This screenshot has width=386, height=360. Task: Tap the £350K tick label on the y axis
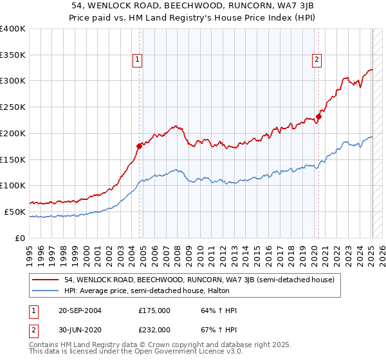point(13,55)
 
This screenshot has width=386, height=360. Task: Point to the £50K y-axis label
point(15,212)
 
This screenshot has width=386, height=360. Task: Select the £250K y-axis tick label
point(13,107)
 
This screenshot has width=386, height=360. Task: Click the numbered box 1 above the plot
point(138,60)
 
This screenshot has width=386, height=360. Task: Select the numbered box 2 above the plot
point(317,60)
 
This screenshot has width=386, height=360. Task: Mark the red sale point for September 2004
point(139,146)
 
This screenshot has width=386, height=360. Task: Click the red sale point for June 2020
point(318,116)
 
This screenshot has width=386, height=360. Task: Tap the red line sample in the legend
point(46,280)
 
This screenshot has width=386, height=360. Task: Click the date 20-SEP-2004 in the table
point(78,311)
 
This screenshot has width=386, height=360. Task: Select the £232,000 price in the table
point(154,330)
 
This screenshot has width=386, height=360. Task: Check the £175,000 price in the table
point(154,311)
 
